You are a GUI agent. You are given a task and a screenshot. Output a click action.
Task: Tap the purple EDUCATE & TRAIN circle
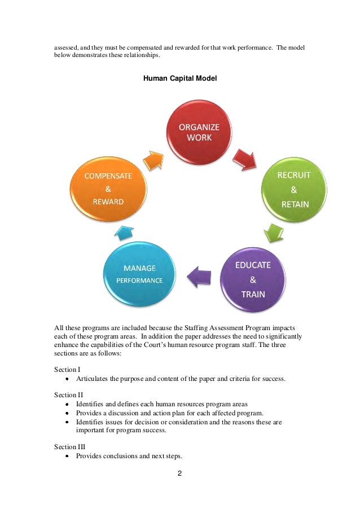[x=252, y=279]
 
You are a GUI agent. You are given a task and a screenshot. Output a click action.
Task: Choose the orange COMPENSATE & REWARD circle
[x=108, y=189]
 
